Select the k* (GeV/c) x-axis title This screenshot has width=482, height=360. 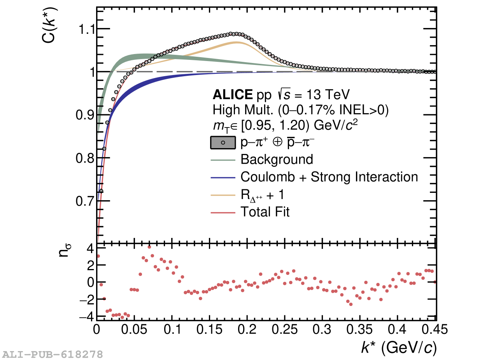point(399,348)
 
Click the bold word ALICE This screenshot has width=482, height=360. point(232,94)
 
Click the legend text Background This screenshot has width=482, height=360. point(277,159)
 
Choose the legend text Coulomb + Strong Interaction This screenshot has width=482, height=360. point(329,177)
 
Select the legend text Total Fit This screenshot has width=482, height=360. point(265,212)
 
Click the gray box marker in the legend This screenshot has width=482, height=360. point(223,143)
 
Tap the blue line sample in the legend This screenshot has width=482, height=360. point(223,177)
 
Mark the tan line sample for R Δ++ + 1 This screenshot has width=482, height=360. point(223,195)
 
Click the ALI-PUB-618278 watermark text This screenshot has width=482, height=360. point(53,354)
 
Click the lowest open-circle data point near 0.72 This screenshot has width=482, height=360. point(102,190)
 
